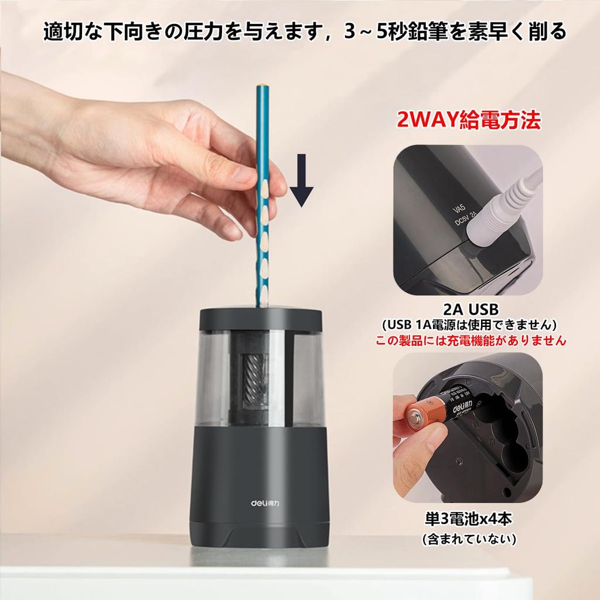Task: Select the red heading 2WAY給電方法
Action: tap(468, 121)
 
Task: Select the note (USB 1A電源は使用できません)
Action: tap(468, 325)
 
